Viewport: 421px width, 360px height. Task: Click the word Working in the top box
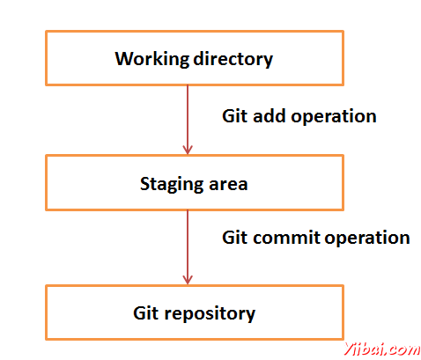point(152,59)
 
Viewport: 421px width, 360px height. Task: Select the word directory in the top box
point(233,59)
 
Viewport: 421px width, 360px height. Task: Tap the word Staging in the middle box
point(172,185)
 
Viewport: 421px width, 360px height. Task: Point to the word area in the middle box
point(228,185)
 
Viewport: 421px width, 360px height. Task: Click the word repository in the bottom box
point(210,314)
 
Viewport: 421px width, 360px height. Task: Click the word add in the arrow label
point(269,115)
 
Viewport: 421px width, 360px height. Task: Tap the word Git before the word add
point(234,115)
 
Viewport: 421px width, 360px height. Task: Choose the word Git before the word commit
point(234,237)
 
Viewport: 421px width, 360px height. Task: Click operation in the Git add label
point(334,117)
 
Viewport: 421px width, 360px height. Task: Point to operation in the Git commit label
point(367,239)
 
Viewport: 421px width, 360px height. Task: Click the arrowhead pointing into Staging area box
point(188,150)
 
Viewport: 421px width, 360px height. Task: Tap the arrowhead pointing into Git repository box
point(188,280)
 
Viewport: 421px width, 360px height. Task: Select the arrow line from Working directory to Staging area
point(188,120)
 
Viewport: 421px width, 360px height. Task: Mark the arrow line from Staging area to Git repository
point(188,247)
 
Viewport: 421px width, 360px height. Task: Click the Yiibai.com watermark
point(382,349)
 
